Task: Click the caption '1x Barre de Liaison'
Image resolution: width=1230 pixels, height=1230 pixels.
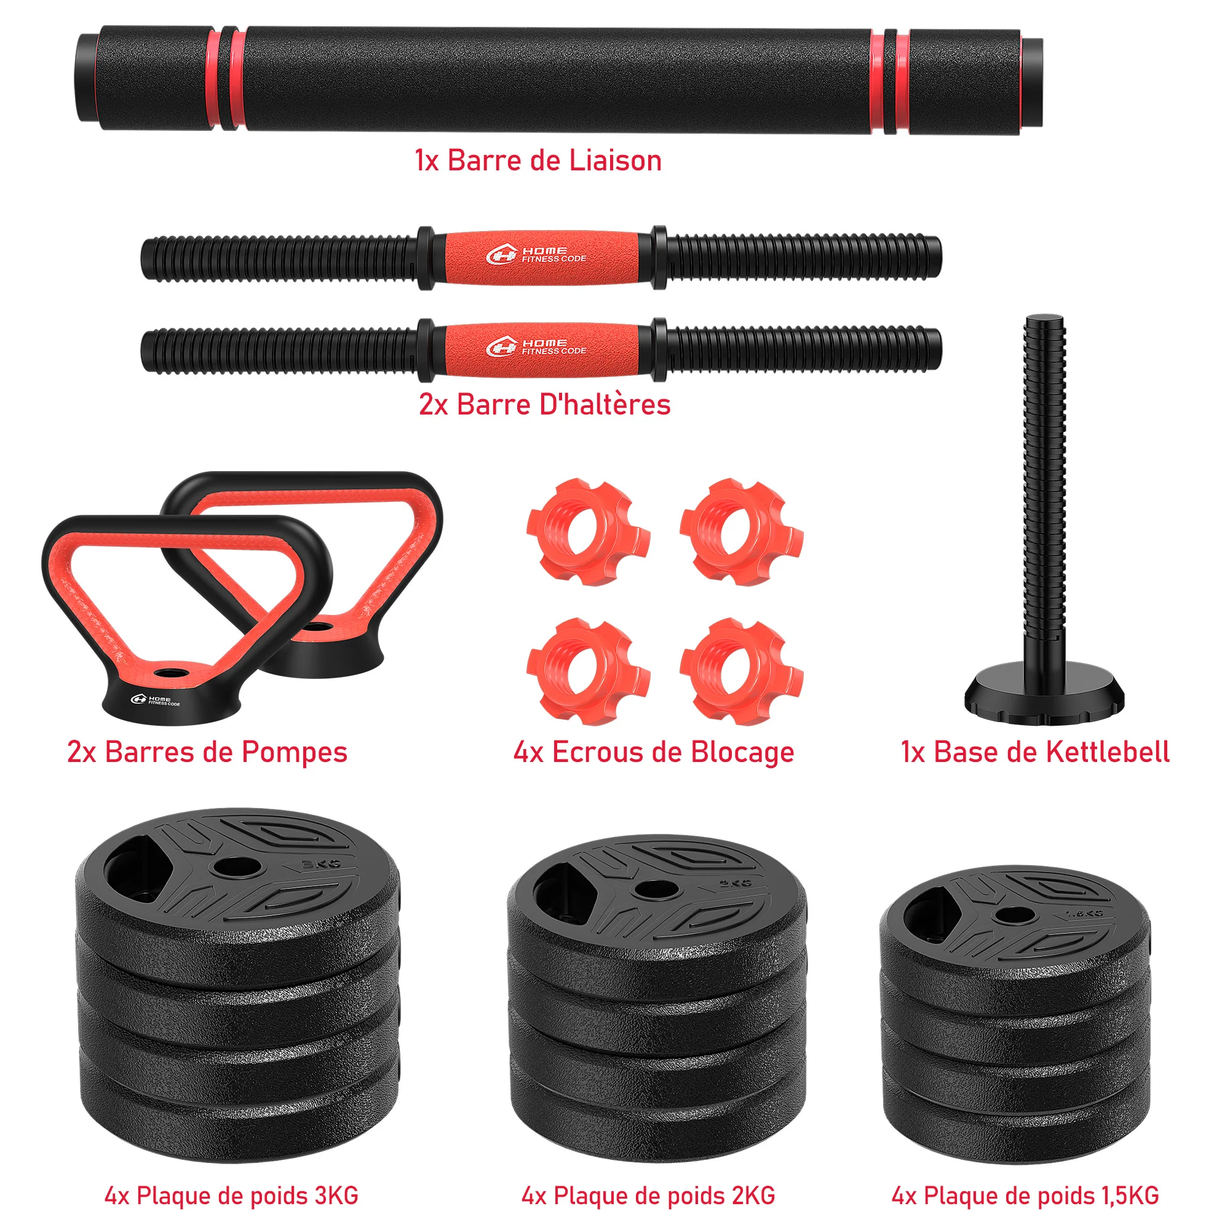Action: [x=538, y=161]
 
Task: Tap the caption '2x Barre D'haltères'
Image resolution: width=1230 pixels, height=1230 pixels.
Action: [x=544, y=404]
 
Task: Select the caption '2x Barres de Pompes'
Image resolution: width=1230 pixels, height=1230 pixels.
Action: [x=207, y=752]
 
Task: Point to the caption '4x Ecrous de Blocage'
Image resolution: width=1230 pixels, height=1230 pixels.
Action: [x=654, y=752]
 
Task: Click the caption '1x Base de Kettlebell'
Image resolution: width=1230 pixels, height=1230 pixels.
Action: [x=1035, y=752]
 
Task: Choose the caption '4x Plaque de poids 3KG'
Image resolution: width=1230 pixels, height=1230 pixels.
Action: [x=231, y=1195]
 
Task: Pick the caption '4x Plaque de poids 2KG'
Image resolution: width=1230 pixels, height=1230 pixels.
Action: [x=648, y=1195]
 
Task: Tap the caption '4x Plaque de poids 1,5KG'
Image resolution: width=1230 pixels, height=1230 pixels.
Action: [x=1025, y=1195]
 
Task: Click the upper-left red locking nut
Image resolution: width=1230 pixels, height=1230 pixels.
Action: [x=587, y=531]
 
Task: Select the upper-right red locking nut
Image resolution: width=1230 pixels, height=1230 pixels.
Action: [x=740, y=531]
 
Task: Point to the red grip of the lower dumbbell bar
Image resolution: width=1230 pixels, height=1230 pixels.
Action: [x=541, y=348]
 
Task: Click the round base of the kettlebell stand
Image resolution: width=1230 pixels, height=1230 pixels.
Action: [x=1044, y=695]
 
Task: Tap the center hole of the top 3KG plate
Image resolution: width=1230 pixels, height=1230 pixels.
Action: [x=232, y=867]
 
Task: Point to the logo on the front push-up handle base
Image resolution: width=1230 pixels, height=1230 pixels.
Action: [x=156, y=700]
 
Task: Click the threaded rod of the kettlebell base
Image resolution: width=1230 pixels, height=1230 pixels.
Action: [x=1044, y=484]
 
